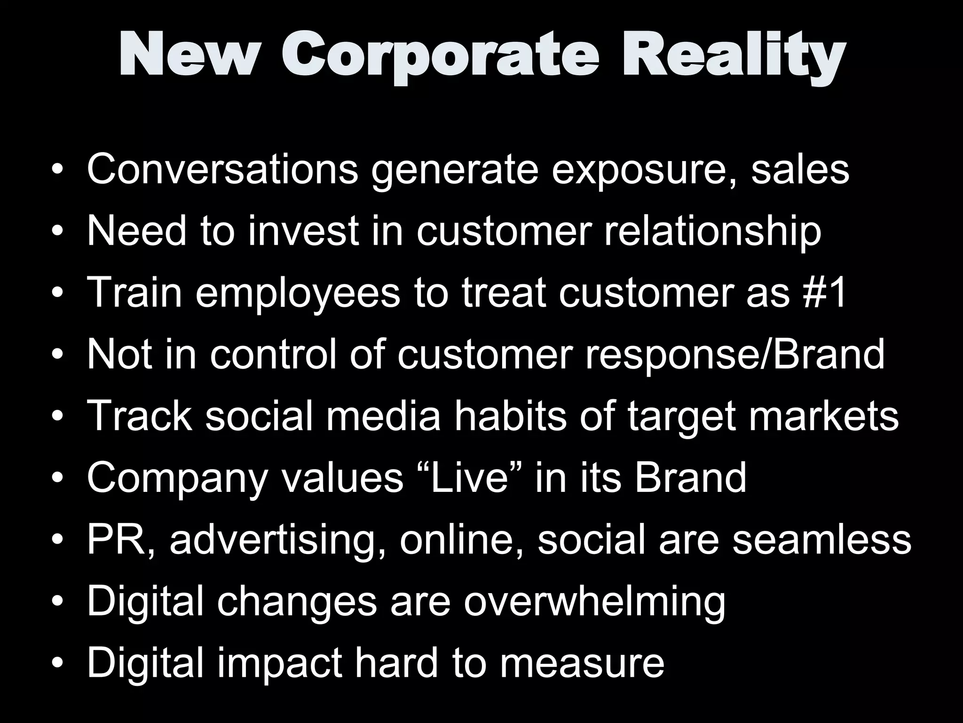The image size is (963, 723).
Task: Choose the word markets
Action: (823, 416)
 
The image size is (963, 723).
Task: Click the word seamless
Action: (822, 539)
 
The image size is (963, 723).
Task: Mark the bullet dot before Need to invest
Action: (57, 231)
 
